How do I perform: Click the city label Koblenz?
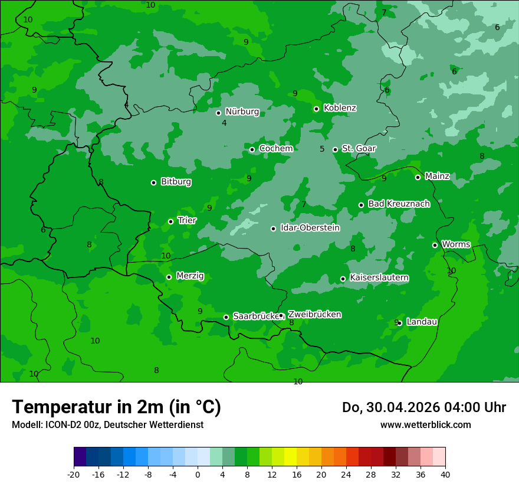[x=340, y=108]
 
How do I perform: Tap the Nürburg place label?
[x=242, y=112]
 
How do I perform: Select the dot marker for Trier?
[x=170, y=221]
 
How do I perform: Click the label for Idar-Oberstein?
[x=310, y=228]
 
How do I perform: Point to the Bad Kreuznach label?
[x=399, y=204]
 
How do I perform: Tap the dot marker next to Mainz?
[x=418, y=177]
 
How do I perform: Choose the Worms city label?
[x=456, y=244]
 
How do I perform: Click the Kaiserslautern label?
[x=379, y=277]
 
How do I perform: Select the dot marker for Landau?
[x=399, y=323]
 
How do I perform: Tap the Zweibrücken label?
[x=314, y=315]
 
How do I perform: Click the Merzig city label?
[x=190, y=276]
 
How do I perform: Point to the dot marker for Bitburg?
[x=153, y=182]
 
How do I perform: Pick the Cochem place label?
[x=276, y=149]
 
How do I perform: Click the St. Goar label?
[x=359, y=149]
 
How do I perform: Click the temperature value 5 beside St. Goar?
[x=322, y=149]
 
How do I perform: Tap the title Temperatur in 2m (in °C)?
[x=116, y=407]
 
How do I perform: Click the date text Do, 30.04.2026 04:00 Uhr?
[x=423, y=407]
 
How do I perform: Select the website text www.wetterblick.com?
[x=425, y=425]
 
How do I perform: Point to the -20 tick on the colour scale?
[x=74, y=475]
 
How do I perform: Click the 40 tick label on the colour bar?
[x=445, y=475]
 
